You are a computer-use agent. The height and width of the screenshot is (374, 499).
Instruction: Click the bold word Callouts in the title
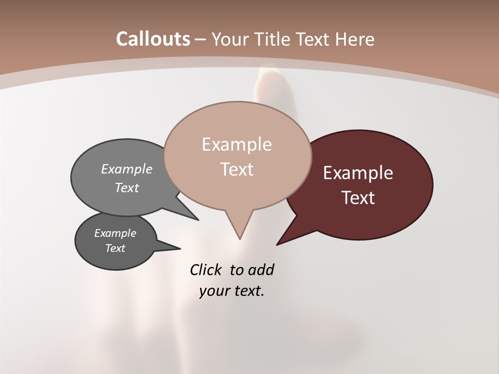coord(153,39)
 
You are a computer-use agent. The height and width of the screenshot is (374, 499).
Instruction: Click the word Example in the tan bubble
coord(237,144)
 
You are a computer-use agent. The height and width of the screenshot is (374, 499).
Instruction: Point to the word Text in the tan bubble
coord(237,169)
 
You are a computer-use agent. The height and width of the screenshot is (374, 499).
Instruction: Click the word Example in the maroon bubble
coord(358,173)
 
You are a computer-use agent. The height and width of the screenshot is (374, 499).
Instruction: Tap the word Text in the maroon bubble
coord(358,198)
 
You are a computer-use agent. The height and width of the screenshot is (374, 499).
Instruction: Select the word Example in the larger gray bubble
coord(127,169)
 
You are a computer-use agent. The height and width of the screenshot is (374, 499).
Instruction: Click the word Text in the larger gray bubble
coord(127,188)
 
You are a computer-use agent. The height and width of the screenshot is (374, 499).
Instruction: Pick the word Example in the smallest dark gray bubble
coord(115,233)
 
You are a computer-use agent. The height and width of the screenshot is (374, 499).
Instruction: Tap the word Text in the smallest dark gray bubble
coord(115,248)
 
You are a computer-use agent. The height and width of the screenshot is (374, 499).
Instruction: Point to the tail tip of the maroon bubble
coord(277,244)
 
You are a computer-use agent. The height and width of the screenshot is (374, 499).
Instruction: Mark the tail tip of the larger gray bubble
coord(198,220)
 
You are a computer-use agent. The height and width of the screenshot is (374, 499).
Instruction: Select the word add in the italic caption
coord(261,270)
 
